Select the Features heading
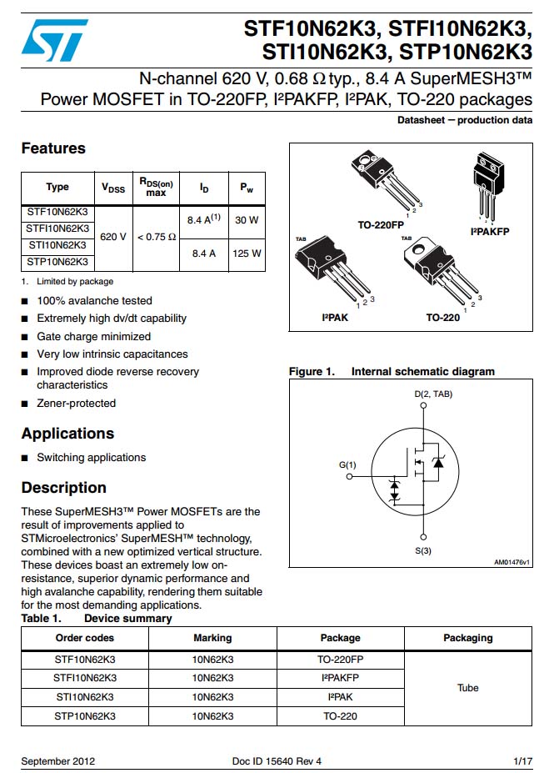tap(53, 148)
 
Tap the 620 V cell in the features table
tap(113, 236)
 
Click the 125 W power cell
tap(247, 253)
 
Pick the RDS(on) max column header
tap(156, 187)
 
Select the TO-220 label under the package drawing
tap(442, 318)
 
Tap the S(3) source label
tap(423, 551)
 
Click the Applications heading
tap(67, 434)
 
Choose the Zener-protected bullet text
tap(77, 404)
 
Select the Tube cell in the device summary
tap(468, 688)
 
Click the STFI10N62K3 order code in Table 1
tap(85, 678)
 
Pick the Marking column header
tap(212, 638)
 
